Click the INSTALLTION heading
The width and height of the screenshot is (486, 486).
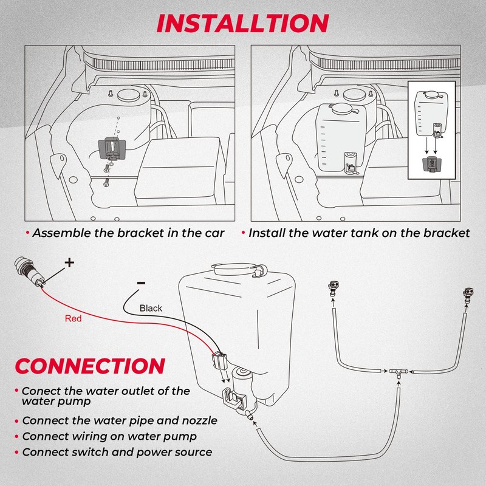click(x=242, y=22)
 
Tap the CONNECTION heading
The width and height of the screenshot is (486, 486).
click(x=90, y=366)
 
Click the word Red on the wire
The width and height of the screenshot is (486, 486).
click(x=73, y=318)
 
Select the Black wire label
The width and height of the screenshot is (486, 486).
click(x=151, y=308)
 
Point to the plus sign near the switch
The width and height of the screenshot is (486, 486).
click(x=69, y=262)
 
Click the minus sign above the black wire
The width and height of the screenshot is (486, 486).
click(x=140, y=282)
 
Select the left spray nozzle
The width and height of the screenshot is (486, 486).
click(x=334, y=288)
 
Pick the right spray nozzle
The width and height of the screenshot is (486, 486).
click(x=469, y=296)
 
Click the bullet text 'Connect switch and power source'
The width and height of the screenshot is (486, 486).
click(x=117, y=452)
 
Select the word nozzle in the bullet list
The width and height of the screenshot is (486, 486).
click(x=194, y=420)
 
